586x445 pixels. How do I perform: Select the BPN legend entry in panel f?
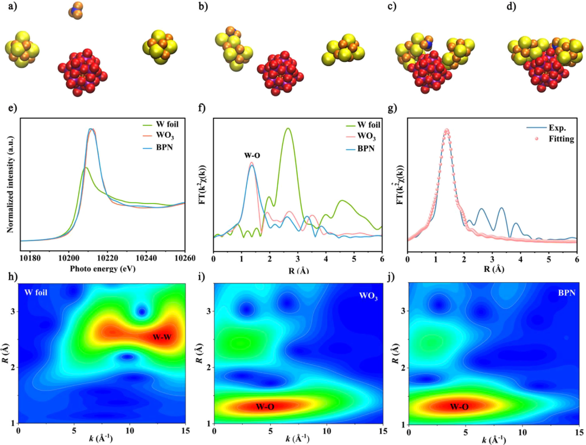point(364,148)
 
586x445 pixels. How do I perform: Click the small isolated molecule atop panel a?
point(76,11)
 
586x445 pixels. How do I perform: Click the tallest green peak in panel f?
point(288,129)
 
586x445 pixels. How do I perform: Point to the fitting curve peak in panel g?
point(447,131)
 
